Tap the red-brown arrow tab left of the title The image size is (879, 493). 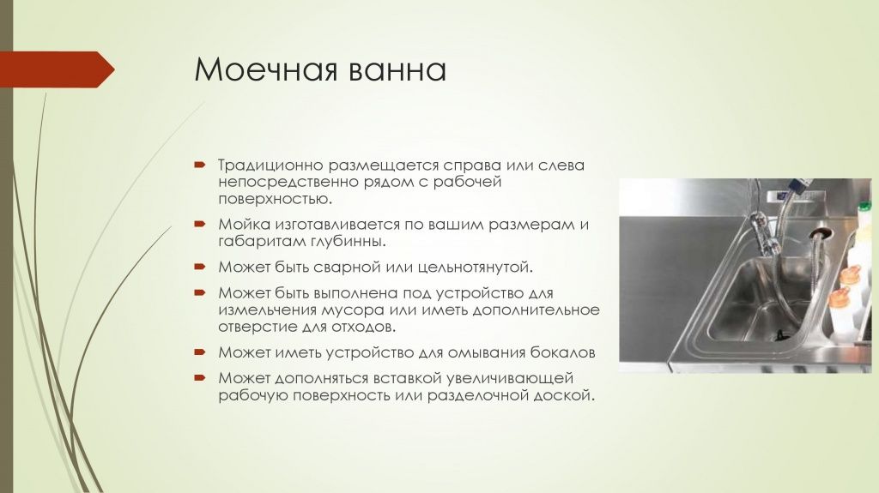click(x=57, y=69)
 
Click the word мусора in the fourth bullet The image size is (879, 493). click(x=343, y=309)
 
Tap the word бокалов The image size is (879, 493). click(x=565, y=352)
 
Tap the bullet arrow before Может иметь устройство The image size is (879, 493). click(x=199, y=352)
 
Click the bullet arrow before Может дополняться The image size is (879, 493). click(x=199, y=378)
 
